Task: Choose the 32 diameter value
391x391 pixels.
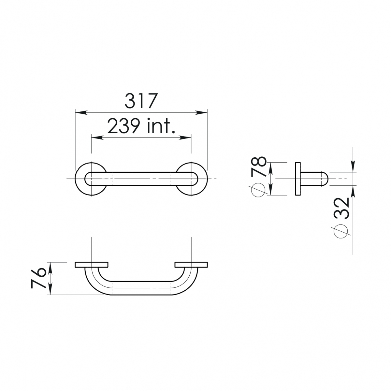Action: [342, 209]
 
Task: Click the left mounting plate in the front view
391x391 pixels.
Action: [91, 265]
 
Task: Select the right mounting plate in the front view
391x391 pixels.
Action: [191, 265]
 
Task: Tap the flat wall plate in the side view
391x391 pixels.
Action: [298, 179]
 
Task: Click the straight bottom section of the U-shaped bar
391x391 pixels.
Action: [141, 288]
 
